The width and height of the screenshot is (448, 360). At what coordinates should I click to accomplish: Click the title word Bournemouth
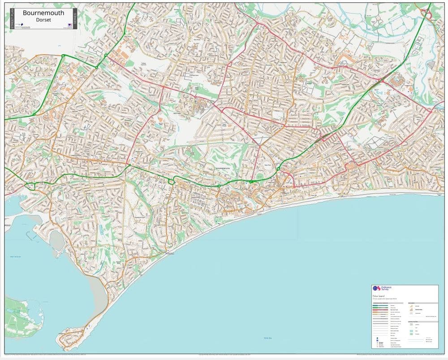click(x=43, y=13)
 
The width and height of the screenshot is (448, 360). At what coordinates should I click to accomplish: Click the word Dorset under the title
click(x=43, y=20)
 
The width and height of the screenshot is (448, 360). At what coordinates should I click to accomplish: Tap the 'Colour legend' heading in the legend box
click(x=379, y=296)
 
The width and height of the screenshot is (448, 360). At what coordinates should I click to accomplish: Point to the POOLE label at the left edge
click(x=7, y=221)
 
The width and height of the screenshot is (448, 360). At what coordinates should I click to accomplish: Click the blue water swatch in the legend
click(x=412, y=331)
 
